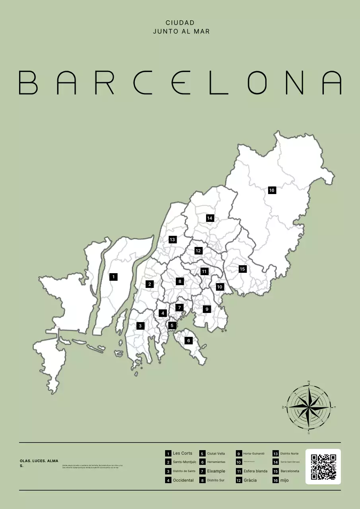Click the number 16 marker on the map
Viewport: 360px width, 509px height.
[x=272, y=190]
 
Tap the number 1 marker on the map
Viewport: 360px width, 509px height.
[x=113, y=277]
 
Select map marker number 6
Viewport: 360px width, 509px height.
[x=189, y=340]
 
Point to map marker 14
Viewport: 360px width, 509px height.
[x=210, y=218]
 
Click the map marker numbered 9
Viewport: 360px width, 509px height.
[x=206, y=309]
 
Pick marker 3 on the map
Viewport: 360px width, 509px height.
[x=140, y=326]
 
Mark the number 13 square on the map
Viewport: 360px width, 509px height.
[x=172, y=239]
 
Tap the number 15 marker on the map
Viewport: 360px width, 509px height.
[x=242, y=269]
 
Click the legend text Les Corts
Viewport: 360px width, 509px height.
[x=183, y=453]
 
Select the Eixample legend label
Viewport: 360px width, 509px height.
[x=216, y=471]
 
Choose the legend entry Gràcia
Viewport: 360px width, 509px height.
[x=250, y=480]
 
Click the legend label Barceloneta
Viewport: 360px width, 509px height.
[x=290, y=471]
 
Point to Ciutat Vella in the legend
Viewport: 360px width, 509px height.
[x=216, y=454]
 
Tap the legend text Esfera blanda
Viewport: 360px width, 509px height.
[x=255, y=471]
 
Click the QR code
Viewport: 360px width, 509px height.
[x=323, y=466]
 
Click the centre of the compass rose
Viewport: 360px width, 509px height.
[x=309, y=407]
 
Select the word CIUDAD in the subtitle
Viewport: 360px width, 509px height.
[x=180, y=23]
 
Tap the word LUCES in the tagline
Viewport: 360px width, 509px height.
[x=39, y=461]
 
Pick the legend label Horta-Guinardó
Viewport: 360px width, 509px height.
[x=254, y=454]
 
